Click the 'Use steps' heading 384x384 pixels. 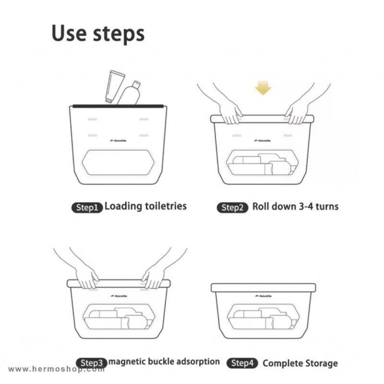98,34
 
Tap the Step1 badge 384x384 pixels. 87,208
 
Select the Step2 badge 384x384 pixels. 232,208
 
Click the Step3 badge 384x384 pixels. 91,363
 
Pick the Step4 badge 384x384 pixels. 242,363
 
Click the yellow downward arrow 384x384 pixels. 263,88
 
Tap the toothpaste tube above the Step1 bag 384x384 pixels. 115,86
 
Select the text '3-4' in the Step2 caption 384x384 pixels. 306,206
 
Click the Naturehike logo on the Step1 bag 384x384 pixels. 119,141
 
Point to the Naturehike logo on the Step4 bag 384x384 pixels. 264,296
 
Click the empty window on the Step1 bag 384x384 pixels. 119,162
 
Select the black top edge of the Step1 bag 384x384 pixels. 118,106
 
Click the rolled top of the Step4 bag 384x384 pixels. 263,288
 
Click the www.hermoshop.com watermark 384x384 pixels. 56,369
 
